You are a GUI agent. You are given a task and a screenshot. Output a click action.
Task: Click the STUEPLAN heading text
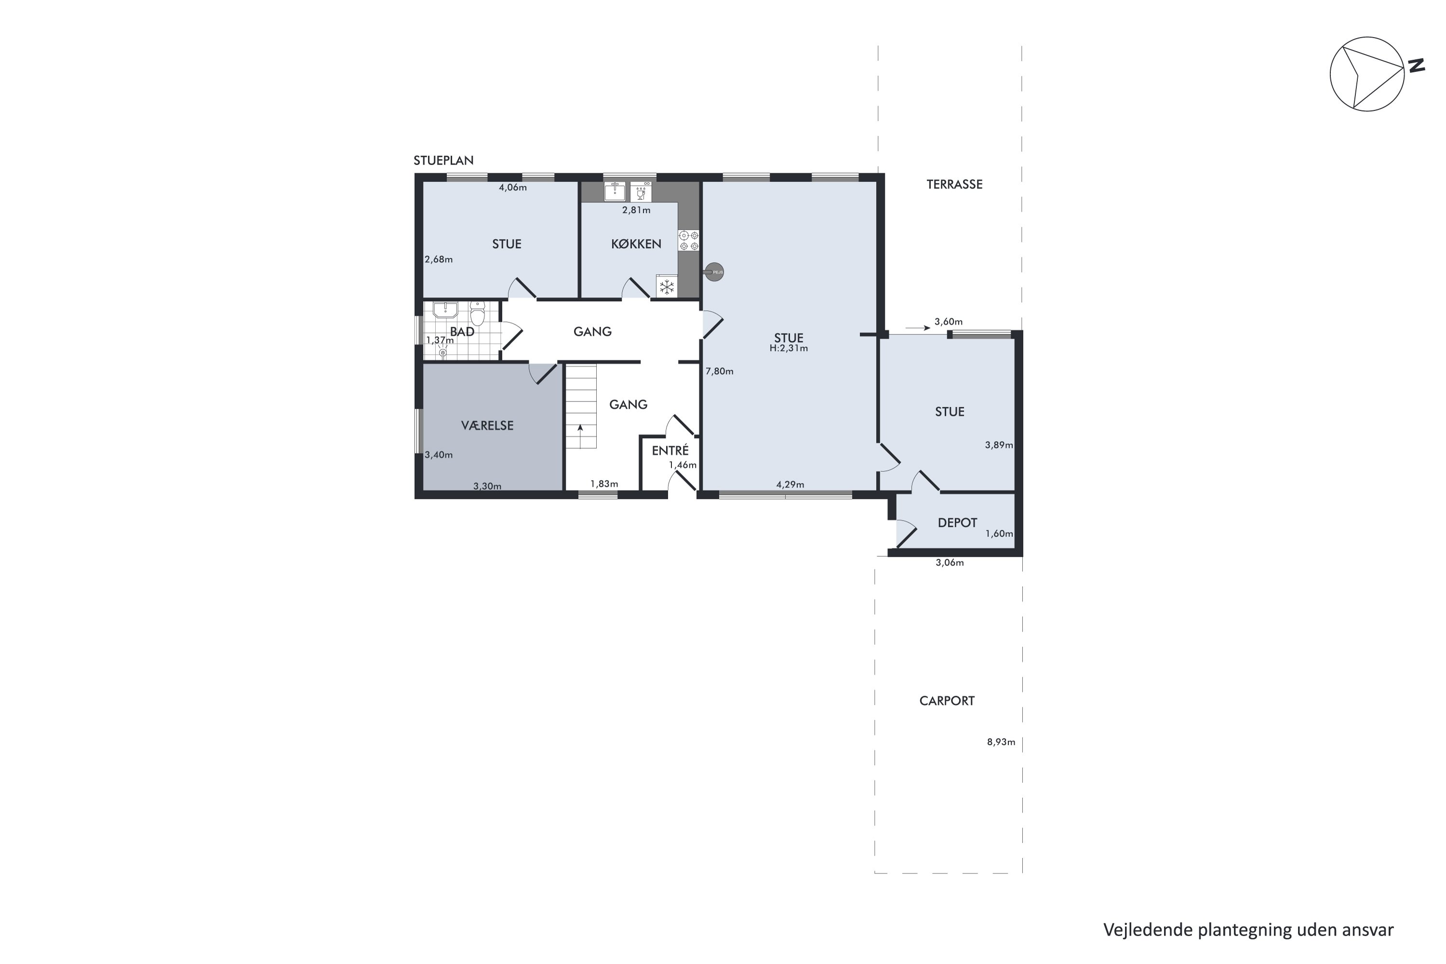(x=443, y=161)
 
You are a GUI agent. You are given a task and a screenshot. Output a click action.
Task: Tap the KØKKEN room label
(x=636, y=244)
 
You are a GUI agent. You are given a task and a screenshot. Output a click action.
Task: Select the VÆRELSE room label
(x=487, y=426)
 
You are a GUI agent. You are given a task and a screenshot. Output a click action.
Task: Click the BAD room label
(x=462, y=332)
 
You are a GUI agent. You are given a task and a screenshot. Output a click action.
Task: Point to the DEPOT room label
(x=957, y=522)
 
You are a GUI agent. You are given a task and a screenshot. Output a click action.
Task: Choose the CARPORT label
(x=946, y=701)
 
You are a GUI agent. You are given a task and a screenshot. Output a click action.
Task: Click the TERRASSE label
(x=954, y=185)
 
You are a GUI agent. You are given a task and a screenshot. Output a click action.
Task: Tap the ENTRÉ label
(x=669, y=451)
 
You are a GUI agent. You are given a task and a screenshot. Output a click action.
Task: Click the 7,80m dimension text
(x=719, y=371)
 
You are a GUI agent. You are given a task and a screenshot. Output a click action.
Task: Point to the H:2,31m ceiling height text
(x=788, y=348)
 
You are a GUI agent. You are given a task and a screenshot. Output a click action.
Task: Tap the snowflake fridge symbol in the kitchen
(x=667, y=286)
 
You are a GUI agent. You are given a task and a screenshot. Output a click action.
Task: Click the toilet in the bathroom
(x=477, y=314)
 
